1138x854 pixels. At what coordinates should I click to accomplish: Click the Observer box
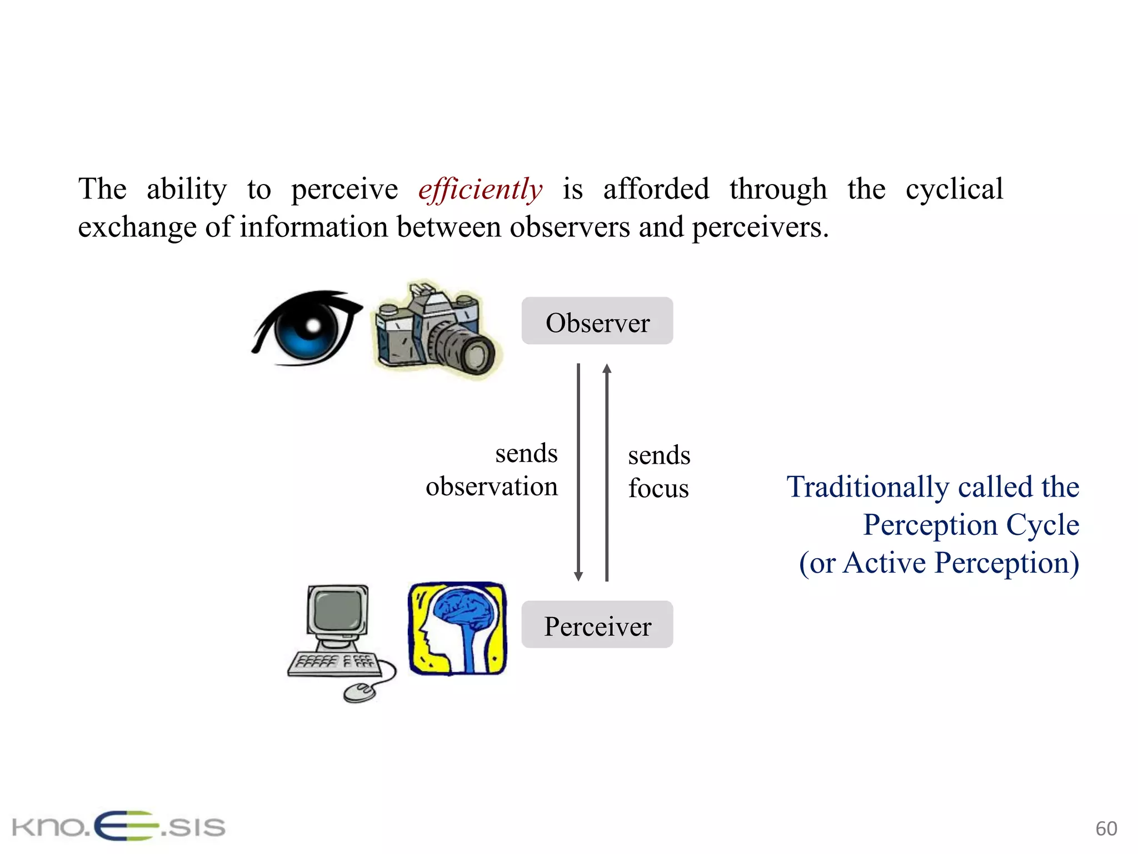[597, 321]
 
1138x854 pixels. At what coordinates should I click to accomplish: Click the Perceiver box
[597, 625]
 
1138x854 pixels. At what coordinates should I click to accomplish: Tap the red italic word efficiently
[480, 189]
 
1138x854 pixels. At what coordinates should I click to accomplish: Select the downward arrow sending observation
[578, 473]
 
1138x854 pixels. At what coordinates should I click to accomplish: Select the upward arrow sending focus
[607, 473]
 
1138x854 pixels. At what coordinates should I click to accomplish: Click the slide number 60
[1106, 828]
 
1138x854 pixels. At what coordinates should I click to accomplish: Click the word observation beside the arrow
[491, 486]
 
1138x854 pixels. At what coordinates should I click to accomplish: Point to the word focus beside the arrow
[658, 488]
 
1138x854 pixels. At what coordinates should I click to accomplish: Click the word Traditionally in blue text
[867, 487]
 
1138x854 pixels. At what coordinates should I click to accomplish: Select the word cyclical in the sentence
[954, 189]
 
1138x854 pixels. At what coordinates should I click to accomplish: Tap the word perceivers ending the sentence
[760, 227]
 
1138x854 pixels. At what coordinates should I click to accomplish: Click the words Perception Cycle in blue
[971, 525]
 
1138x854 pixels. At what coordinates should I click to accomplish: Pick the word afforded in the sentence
[656, 189]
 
